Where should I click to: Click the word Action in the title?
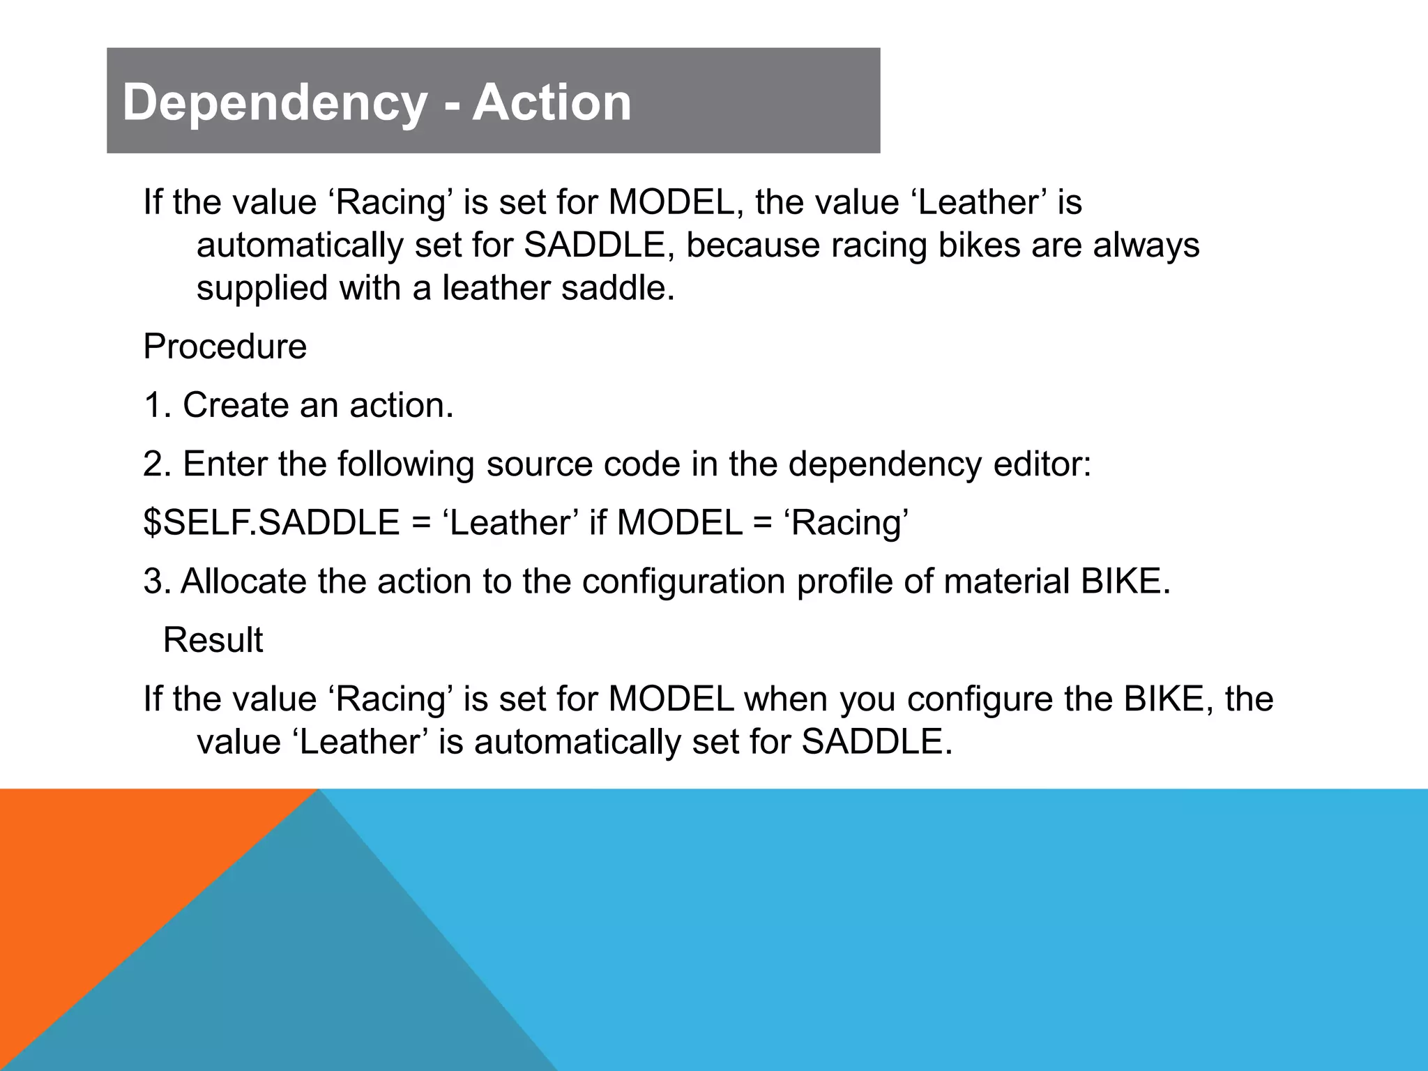[552, 102]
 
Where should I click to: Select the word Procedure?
[225, 347]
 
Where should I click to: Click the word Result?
[213, 639]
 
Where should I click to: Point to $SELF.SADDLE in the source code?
[271, 522]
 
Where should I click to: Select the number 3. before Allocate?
[157, 581]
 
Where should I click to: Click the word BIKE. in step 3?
[1125, 581]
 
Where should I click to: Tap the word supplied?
[261, 288]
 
